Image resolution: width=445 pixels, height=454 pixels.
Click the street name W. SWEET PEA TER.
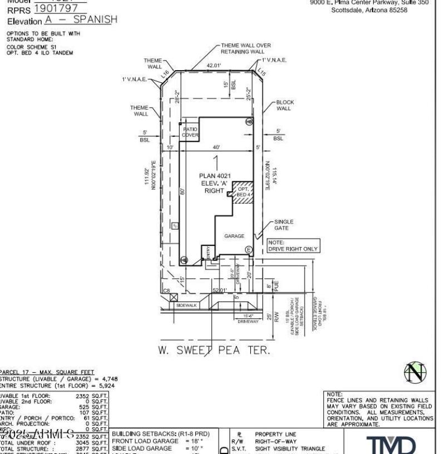click(214, 351)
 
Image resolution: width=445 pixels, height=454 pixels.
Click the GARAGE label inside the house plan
click(234, 236)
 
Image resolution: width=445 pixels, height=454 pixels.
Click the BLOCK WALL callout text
click(285, 105)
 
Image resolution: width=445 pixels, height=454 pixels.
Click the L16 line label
click(165, 73)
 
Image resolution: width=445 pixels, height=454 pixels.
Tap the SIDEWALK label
click(187, 305)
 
